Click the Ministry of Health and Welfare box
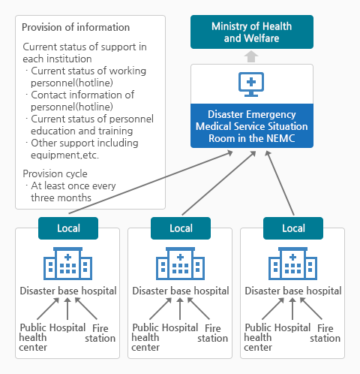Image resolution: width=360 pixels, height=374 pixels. (252, 32)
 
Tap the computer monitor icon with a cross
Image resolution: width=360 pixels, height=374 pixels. (251, 84)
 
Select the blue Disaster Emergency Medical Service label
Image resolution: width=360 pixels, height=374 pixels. (252, 126)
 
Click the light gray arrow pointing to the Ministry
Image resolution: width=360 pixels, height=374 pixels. (251, 56)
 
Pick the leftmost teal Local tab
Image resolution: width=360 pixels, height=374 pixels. (68, 228)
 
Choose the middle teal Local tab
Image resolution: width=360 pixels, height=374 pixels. (181, 228)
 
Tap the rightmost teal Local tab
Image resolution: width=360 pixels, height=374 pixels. (293, 228)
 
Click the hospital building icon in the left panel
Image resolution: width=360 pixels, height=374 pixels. (67, 264)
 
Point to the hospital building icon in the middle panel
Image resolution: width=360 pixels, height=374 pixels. (180, 264)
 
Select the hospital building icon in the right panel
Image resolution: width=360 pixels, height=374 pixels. (292, 264)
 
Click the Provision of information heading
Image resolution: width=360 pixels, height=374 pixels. (76, 27)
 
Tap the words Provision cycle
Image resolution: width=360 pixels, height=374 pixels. (55, 173)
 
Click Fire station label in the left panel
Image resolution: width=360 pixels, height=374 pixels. (100, 333)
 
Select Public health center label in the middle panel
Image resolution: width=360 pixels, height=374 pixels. (145, 337)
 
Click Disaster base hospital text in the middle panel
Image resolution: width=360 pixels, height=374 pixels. (181, 291)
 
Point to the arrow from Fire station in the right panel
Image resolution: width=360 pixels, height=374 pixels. (311, 309)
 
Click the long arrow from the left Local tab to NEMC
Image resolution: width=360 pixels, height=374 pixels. (151, 182)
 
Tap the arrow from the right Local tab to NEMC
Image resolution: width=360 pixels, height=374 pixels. (280, 183)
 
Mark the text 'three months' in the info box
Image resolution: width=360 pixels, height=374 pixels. (61, 198)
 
